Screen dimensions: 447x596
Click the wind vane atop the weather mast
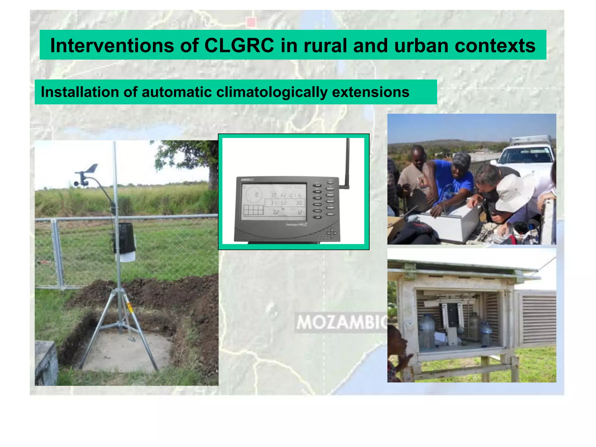[87, 172]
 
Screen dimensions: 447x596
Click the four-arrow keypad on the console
[331, 233]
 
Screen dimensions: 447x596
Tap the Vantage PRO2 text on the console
[296, 224]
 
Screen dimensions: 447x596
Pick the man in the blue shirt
[454, 180]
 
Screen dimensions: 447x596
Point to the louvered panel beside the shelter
[538, 319]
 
